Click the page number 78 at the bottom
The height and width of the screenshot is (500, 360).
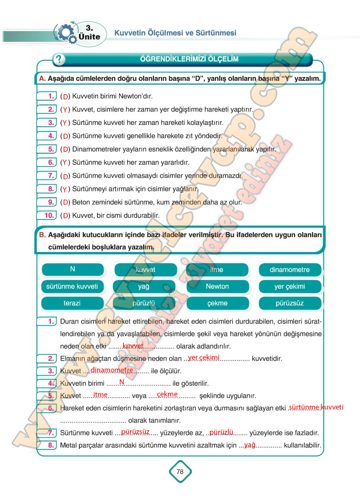(180, 472)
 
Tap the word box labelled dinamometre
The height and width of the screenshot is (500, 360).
(290, 270)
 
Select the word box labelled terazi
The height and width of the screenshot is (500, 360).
(72, 303)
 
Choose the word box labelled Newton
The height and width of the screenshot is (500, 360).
(217, 286)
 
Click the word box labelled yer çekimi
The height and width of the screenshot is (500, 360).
(290, 286)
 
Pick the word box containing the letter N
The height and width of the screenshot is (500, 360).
(72, 269)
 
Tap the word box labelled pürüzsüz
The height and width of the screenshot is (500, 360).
(290, 303)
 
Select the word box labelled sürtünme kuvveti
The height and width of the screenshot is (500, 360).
(72, 286)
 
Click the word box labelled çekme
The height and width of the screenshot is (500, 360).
(217, 303)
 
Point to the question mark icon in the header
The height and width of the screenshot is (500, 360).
(59, 59)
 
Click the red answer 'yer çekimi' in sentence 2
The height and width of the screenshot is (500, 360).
(203, 357)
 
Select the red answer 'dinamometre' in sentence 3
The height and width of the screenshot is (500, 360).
(111, 370)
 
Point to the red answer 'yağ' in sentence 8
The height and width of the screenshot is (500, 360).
(250, 445)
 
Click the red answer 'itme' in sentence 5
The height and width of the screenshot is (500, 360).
(100, 395)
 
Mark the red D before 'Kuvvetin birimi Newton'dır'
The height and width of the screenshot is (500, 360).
(65, 97)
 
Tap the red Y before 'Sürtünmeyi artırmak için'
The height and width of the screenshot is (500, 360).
(65, 189)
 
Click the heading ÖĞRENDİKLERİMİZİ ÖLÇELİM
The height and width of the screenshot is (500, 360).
(189, 59)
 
